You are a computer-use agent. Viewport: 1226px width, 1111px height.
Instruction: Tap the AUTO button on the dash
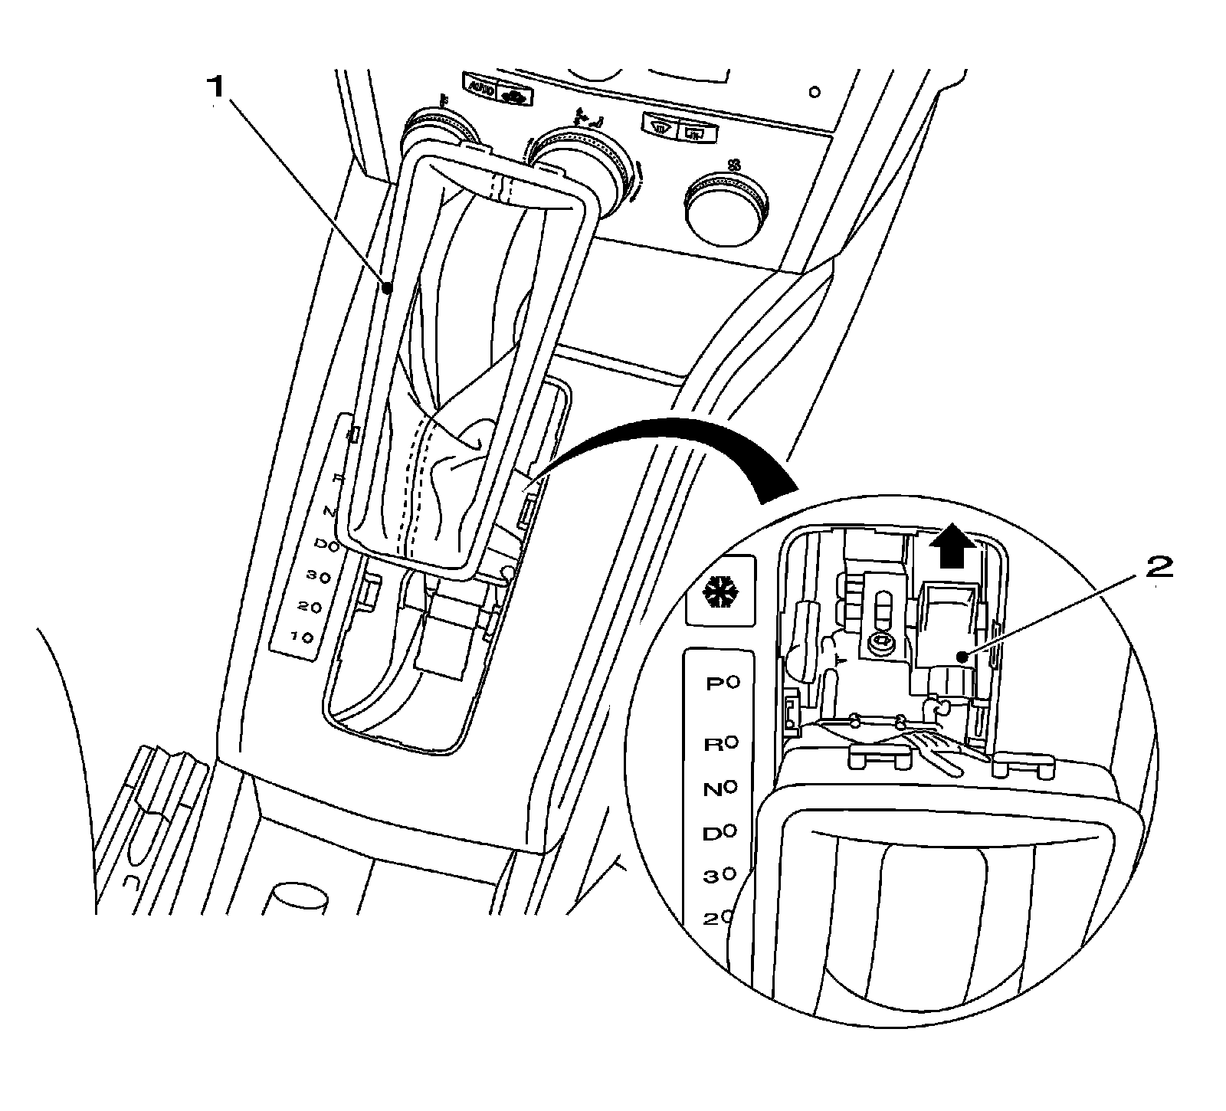coord(480,89)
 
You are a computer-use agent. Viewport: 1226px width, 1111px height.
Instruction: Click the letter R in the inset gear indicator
coord(713,744)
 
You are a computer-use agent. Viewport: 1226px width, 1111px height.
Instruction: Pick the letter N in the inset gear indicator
coord(712,788)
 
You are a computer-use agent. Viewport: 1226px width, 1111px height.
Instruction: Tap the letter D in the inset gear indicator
coord(711,832)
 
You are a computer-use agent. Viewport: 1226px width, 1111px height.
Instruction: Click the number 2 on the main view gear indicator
coord(302,608)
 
